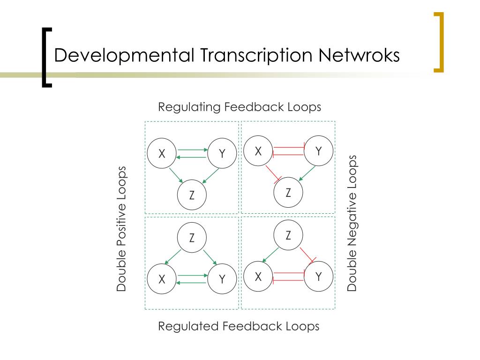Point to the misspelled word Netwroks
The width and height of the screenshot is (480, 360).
point(360,55)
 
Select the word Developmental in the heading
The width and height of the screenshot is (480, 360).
point(124,55)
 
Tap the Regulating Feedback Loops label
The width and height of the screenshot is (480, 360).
point(240,107)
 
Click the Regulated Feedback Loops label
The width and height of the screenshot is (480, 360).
point(239,326)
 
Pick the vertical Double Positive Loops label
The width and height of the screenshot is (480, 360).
point(122,229)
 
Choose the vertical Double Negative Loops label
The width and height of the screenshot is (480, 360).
point(352,223)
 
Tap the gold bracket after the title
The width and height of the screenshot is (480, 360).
point(438,42)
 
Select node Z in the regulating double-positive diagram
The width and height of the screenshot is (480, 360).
point(192,195)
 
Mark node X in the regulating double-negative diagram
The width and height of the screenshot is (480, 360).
point(258,151)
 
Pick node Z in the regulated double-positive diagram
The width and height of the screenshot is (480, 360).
point(192,238)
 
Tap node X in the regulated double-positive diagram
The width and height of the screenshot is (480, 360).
point(162,279)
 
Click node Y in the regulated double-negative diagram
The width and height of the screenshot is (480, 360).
point(319,277)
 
